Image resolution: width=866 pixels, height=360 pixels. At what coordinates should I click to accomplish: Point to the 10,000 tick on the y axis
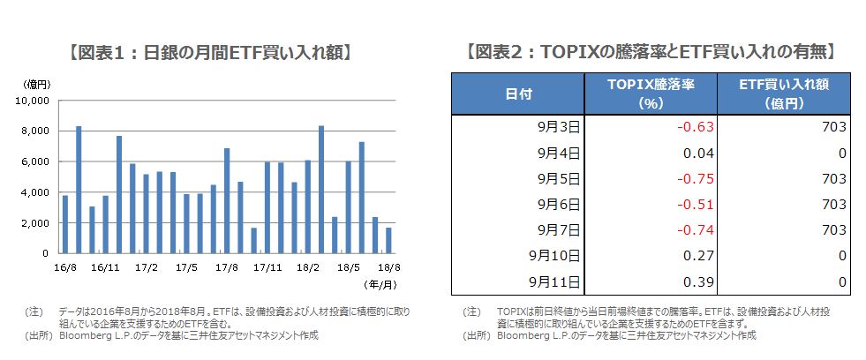(x=34, y=101)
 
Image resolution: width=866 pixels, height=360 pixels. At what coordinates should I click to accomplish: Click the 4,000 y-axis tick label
(x=36, y=192)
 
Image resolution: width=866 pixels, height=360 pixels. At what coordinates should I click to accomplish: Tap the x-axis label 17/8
(x=228, y=265)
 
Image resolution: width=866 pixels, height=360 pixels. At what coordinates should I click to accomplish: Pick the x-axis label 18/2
(x=308, y=265)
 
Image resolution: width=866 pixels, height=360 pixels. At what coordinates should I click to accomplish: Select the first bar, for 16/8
(x=65, y=224)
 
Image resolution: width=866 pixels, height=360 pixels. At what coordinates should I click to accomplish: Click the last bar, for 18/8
(x=388, y=240)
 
